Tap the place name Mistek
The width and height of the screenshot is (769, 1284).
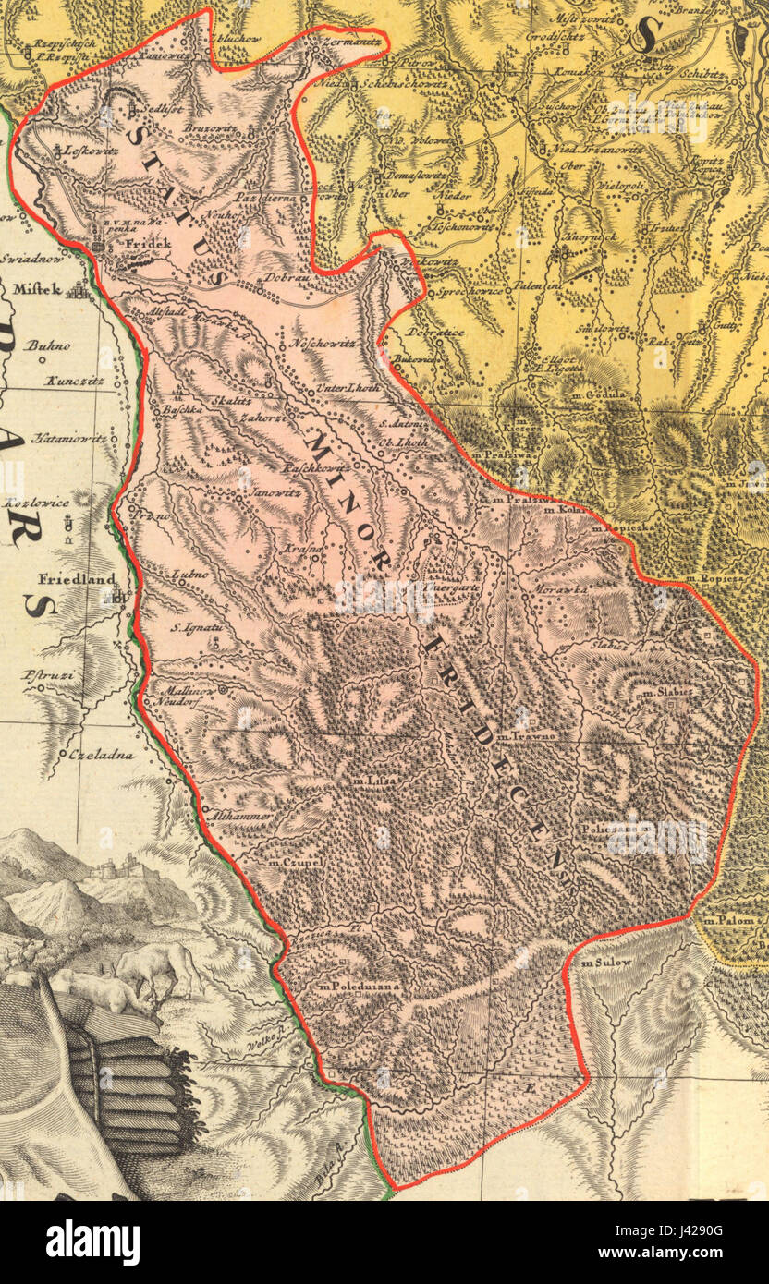pos(38,289)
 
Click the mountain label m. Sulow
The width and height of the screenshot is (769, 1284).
pos(606,963)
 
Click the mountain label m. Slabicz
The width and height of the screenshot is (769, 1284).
pos(667,692)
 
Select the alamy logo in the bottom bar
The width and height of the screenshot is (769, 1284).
pos(92,1242)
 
